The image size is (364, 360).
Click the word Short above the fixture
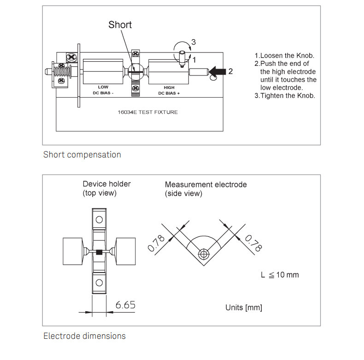(x=120, y=24)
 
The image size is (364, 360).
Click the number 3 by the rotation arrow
(x=194, y=42)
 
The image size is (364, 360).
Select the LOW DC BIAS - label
(x=103, y=90)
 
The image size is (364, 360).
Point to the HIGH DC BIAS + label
(x=169, y=90)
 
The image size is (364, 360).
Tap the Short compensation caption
(x=82, y=155)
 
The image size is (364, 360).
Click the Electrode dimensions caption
(x=84, y=336)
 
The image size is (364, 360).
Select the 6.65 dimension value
(x=125, y=305)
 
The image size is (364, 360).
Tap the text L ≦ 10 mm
(x=280, y=275)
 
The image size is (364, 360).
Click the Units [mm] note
(x=244, y=307)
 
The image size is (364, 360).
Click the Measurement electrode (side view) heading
(x=205, y=189)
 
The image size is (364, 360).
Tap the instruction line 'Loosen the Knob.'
(x=284, y=56)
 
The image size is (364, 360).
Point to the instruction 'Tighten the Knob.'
(x=285, y=96)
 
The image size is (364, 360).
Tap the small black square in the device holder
(x=99, y=252)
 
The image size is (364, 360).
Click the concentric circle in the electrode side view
(x=203, y=254)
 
